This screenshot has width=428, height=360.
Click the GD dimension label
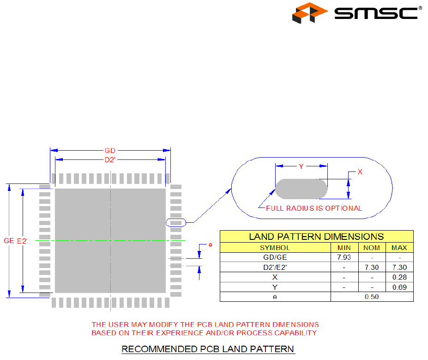[110, 151]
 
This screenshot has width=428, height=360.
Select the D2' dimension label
[110, 160]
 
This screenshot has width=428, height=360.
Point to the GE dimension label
[9, 241]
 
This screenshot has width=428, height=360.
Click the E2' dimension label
[22, 241]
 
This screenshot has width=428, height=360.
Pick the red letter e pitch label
[211, 244]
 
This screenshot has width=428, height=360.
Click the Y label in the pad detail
[301, 167]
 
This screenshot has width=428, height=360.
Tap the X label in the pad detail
[360, 172]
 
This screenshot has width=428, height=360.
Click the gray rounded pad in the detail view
[301, 189]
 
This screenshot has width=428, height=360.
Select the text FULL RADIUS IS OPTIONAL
[314, 208]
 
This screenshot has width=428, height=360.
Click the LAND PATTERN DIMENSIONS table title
[316, 237]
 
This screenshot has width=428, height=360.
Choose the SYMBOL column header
[275, 248]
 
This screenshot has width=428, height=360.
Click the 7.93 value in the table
[344, 257]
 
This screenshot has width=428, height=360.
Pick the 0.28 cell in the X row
[399, 277]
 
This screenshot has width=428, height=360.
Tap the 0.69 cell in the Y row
[399, 287]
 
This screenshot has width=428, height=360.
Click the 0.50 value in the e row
[372, 297]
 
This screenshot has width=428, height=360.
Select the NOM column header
[372, 248]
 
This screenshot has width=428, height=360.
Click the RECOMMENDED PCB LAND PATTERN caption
[208, 349]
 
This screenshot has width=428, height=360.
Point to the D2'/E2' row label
[275, 268]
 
